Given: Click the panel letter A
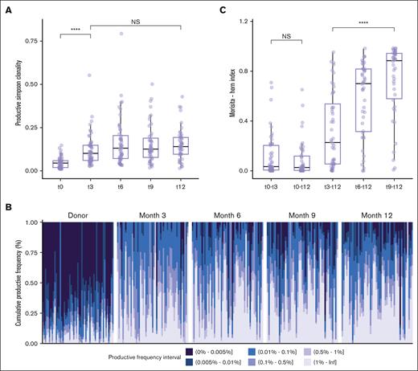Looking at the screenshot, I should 6,9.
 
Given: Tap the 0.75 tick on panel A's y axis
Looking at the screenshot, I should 32,39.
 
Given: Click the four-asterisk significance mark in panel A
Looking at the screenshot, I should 74,30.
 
